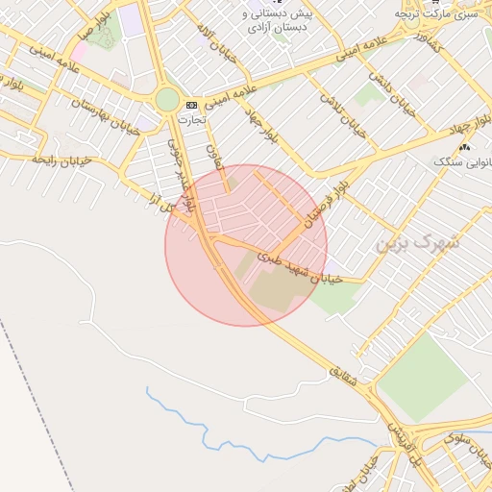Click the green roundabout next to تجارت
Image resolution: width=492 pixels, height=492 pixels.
click(167, 99)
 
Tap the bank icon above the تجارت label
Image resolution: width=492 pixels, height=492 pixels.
click(190, 104)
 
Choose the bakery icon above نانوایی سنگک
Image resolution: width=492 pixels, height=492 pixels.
click(465, 147)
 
